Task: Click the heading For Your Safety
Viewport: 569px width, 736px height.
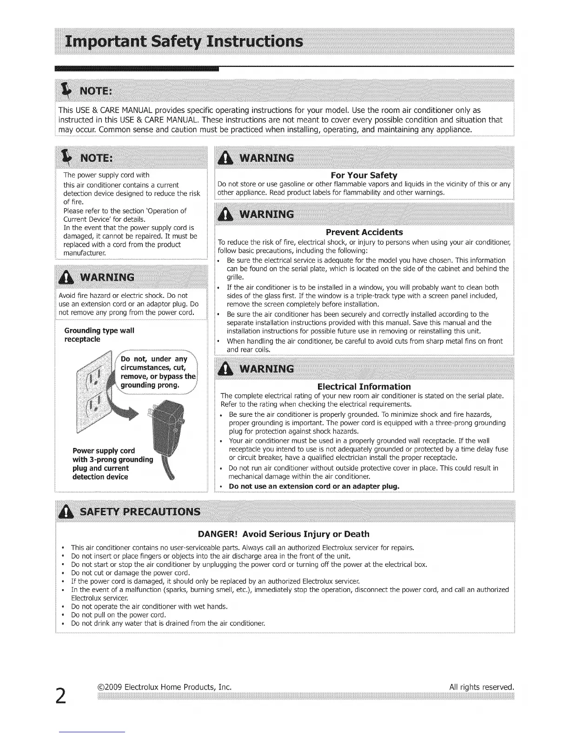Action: [x=364, y=175]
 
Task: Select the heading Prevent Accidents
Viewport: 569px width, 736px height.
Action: [x=364, y=232]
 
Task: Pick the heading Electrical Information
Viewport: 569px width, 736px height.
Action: [x=364, y=387]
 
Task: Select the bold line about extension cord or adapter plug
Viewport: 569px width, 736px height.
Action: [x=314, y=486]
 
